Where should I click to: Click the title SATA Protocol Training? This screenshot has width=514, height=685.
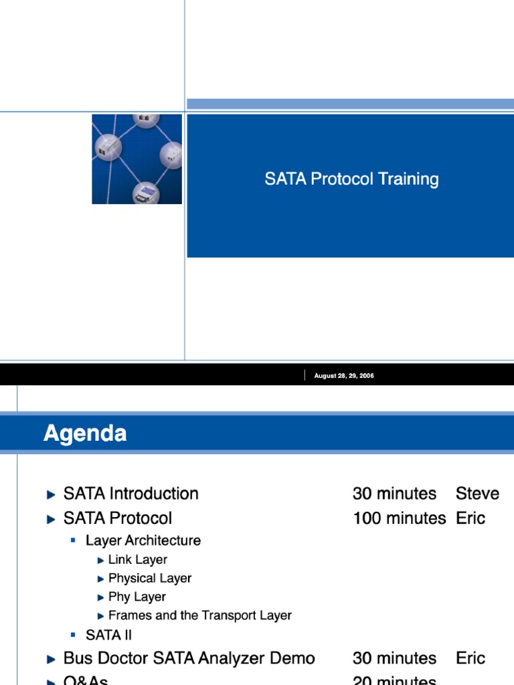tap(351, 179)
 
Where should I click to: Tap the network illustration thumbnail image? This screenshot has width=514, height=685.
tap(137, 159)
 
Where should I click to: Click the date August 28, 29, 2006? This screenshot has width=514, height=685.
tap(344, 376)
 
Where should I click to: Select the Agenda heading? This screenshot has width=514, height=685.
tap(85, 434)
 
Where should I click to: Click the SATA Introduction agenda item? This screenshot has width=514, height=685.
tap(131, 494)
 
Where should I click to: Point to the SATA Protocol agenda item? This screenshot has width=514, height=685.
tap(117, 518)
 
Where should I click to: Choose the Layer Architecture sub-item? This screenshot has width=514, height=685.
tap(143, 540)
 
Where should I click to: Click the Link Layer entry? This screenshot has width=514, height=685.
tap(137, 559)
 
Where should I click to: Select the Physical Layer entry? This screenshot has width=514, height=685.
tap(150, 578)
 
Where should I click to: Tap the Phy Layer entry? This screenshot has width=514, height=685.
tap(137, 597)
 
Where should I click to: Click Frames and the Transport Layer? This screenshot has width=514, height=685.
tap(199, 615)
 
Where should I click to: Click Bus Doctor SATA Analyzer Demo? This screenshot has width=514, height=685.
tap(189, 658)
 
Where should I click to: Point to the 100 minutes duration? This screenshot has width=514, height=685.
tap(399, 518)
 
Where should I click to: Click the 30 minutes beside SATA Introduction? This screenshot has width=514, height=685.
tap(394, 494)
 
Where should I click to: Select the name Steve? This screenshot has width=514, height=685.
tap(477, 494)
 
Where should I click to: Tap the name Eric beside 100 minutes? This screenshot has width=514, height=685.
tap(470, 518)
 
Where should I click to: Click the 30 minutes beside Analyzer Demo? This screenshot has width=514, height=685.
tap(394, 658)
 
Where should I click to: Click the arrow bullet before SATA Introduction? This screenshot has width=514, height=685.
tap(52, 495)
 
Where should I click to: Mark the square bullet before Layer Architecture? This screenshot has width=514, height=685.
tap(74, 540)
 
